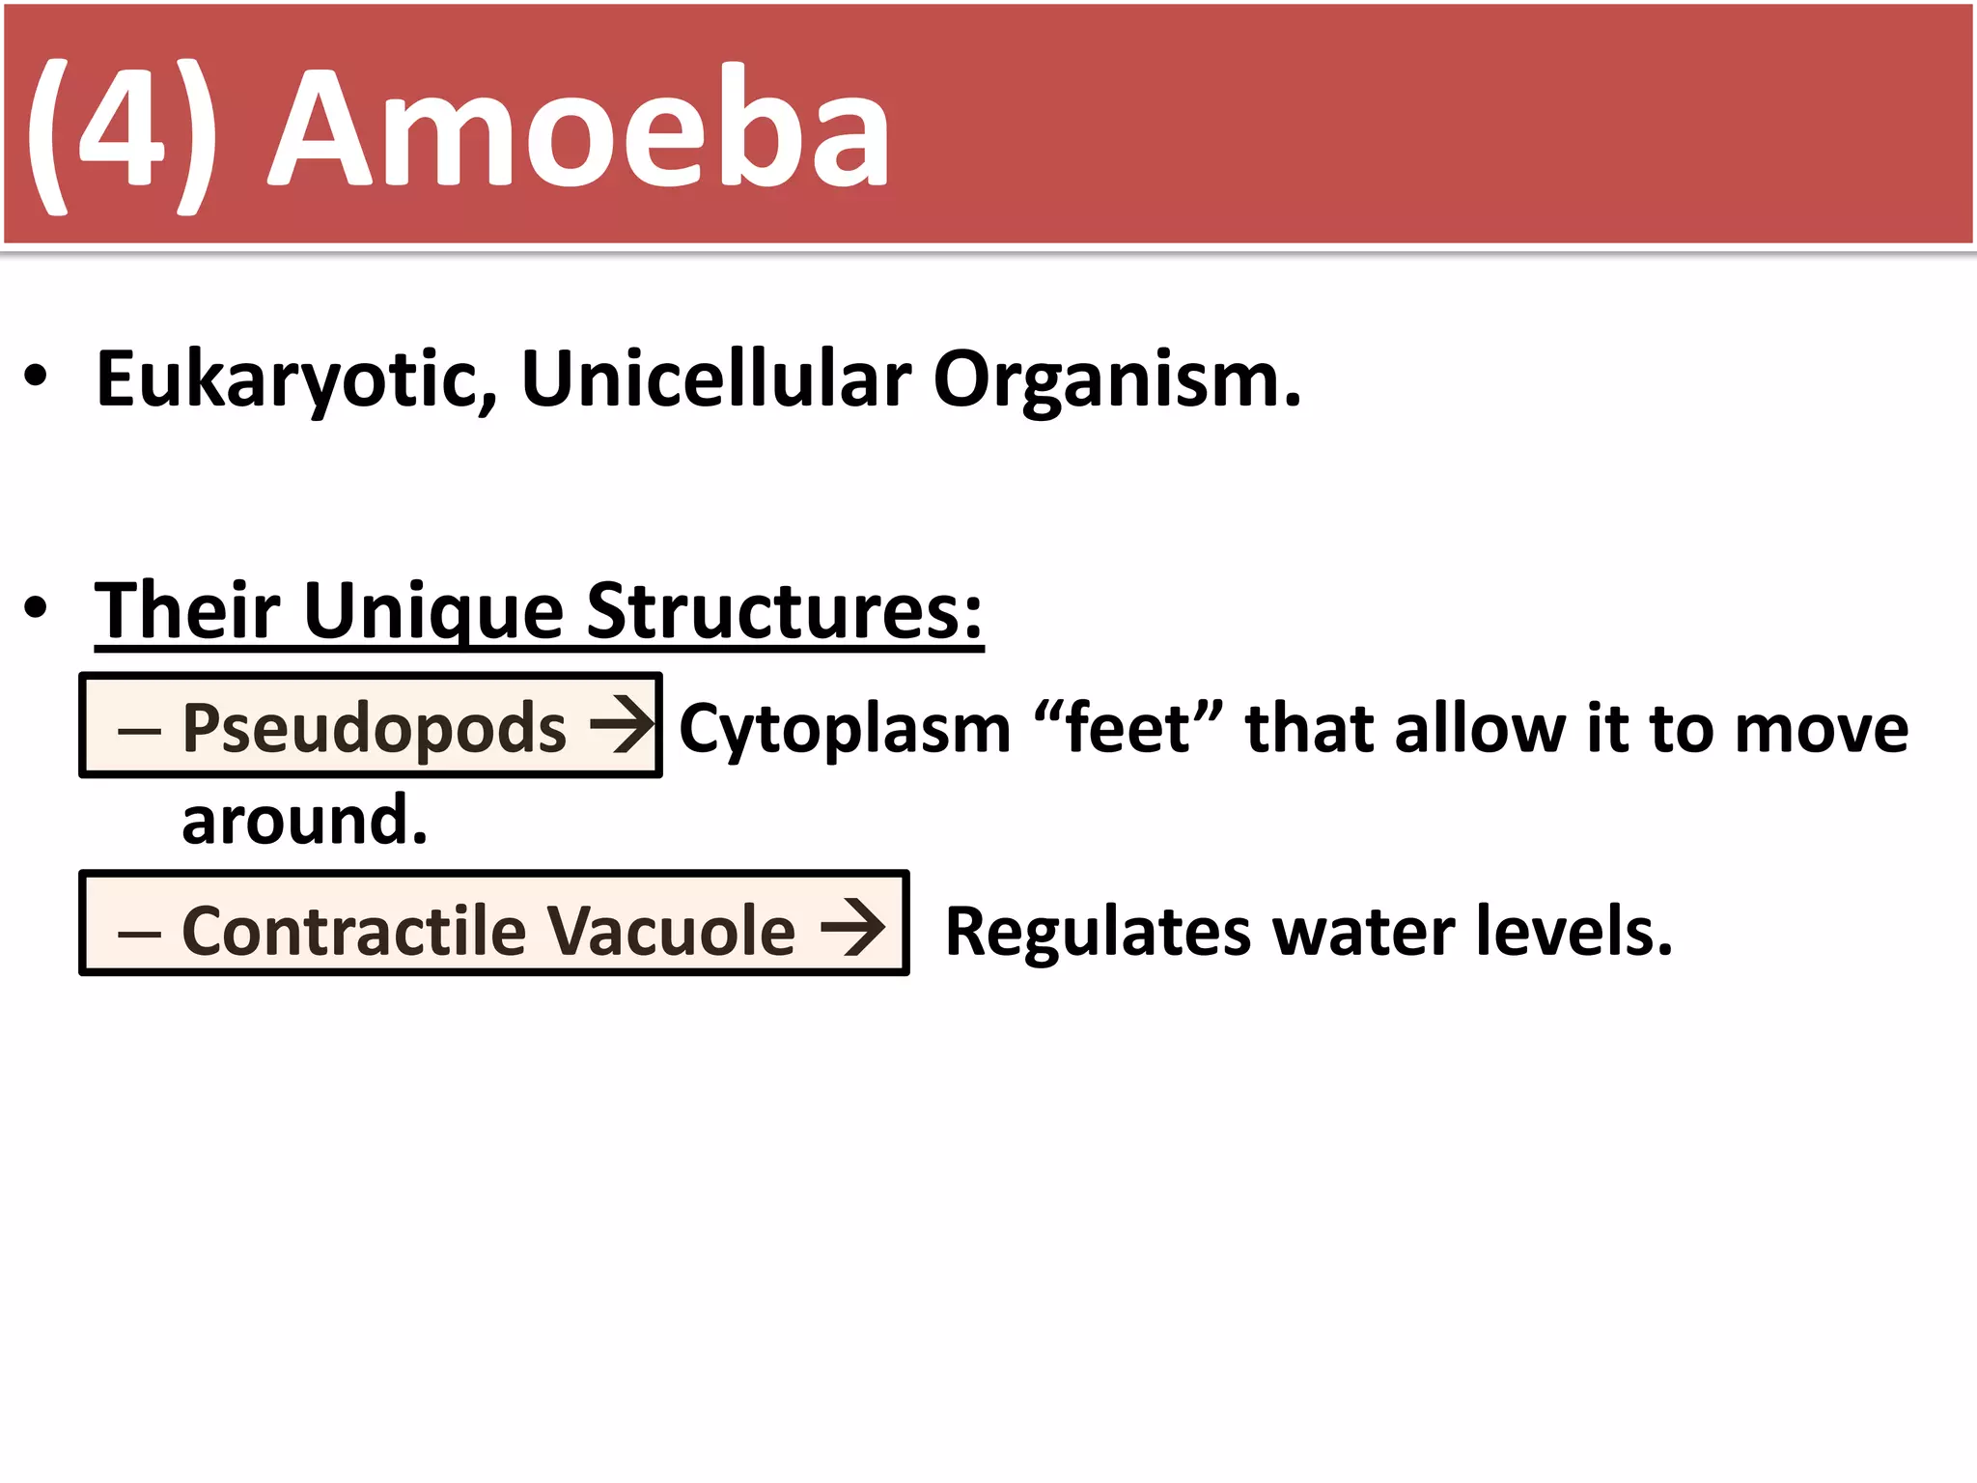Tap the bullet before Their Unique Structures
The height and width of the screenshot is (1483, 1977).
tap(36, 608)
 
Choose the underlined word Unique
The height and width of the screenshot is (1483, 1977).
tap(433, 612)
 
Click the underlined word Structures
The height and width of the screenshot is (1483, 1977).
tap(784, 610)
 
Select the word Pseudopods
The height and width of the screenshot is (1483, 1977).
tap(374, 728)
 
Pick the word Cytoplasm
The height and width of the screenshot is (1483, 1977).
tap(845, 728)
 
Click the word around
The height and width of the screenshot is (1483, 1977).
tap(304, 821)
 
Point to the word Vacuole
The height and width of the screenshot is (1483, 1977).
tap(671, 931)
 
